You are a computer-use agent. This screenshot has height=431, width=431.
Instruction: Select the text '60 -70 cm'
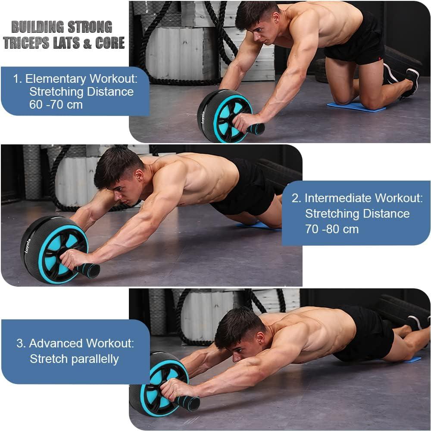point(56,104)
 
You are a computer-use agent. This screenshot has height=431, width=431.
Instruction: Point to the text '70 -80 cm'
point(331,229)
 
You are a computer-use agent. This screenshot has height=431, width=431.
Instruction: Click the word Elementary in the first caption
point(56,79)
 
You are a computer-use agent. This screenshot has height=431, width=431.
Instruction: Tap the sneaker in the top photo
point(409,82)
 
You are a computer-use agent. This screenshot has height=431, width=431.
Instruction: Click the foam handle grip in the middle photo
point(88,271)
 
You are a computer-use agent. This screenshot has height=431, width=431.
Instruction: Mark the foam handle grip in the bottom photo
point(188,403)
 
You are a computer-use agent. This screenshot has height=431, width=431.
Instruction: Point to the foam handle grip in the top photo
point(255,128)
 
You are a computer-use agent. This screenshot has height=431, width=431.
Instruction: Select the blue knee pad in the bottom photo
point(412,359)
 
